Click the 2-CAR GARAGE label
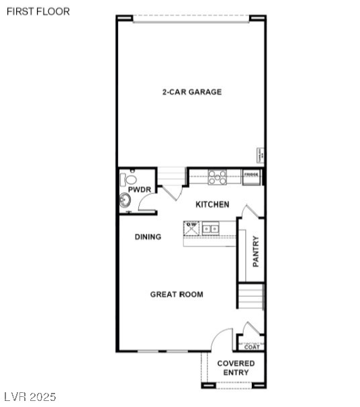point(191,92)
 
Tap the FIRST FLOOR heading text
point(38,11)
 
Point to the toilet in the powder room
point(128,179)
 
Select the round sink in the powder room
point(126,200)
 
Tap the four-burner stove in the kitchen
point(216,177)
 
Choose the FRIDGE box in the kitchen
point(251,176)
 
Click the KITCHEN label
point(212,204)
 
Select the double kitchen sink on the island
point(210,229)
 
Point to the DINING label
point(148,237)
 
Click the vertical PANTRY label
point(255,252)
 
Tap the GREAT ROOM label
point(177,294)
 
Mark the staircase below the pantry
point(251,296)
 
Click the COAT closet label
point(252,347)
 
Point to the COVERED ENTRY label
point(236,367)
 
